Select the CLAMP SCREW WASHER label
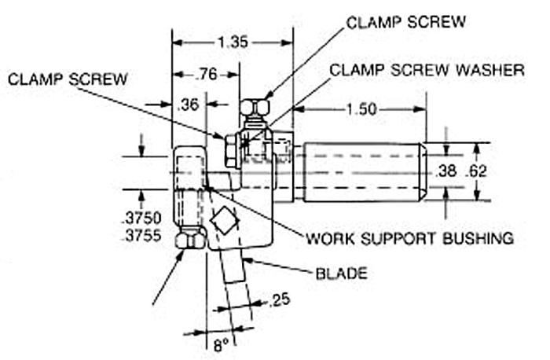[x=427, y=69]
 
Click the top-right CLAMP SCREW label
[x=406, y=23]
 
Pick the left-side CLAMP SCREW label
[x=69, y=79]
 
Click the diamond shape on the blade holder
[x=223, y=220]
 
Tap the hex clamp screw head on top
[x=254, y=107]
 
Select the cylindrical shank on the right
[x=361, y=171]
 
